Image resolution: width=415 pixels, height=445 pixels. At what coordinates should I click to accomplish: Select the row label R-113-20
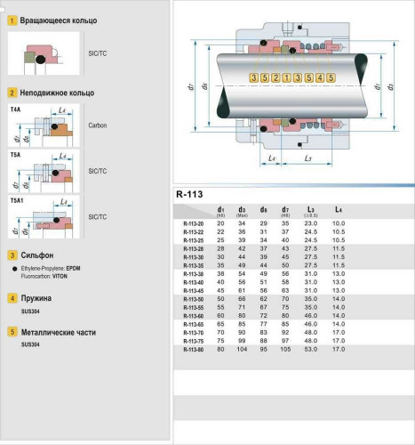pyautogui.click(x=192, y=222)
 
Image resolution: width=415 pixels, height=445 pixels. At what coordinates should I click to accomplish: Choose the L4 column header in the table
pyautogui.click(x=337, y=210)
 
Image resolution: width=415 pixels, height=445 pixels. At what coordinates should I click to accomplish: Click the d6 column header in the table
pyautogui.click(x=263, y=210)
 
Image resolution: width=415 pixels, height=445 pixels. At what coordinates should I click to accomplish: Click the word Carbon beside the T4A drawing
pyautogui.click(x=98, y=125)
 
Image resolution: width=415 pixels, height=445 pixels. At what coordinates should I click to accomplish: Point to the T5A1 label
pyautogui.click(x=18, y=200)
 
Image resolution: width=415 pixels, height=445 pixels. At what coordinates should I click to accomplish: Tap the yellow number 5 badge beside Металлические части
pyautogui.click(x=12, y=330)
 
